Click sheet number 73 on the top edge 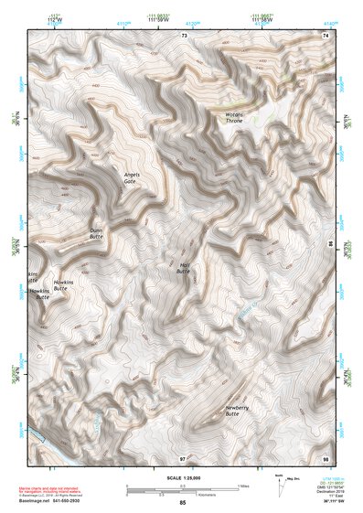click(184, 35)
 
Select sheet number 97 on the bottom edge click(183, 456)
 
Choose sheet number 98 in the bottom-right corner click(326, 456)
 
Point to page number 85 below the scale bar click(183, 503)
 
